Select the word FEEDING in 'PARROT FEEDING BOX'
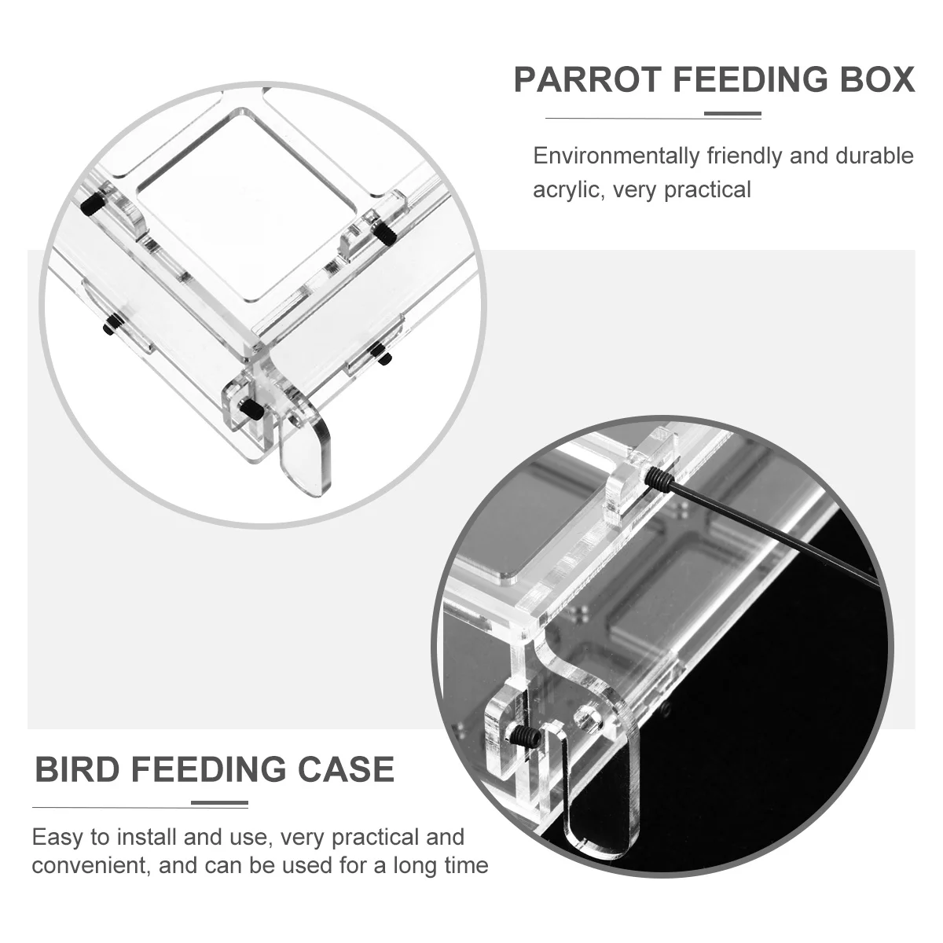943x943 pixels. pos(737,81)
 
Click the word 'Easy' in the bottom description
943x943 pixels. pos(57,836)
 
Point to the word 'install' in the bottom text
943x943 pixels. pos(145,836)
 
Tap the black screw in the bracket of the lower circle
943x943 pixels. pos(523,736)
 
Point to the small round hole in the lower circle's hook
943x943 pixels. pos(586,717)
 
